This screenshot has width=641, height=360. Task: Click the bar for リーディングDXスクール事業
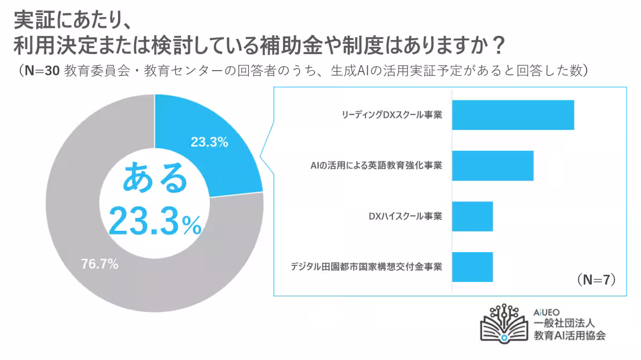[x=513, y=115]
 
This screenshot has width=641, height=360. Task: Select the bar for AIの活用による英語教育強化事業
[x=493, y=166]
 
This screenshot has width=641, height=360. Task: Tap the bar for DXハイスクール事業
[x=472, y=216]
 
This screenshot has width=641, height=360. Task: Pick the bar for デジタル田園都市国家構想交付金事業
[x=472, y=267]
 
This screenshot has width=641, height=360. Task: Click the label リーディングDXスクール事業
[x=392, y=115]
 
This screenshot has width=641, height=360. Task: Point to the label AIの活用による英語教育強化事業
[x=376, y=166]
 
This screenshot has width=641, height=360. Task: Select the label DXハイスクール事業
[x=405, y=216]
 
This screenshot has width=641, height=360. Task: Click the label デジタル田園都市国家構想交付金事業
[x=366, y=267]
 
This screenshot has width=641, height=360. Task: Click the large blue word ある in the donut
[x=155, y=180]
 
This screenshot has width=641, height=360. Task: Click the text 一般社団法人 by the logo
[x=565, y=324]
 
